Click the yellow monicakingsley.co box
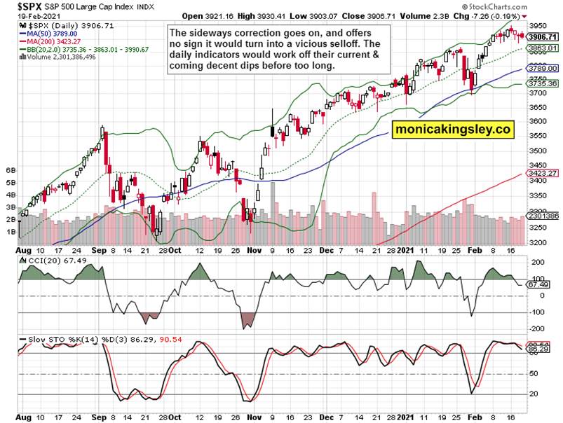tap(453, 129)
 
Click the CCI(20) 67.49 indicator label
tap(50, 261)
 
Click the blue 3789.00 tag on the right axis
tap(543, 69)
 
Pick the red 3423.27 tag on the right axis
tap(543, 172)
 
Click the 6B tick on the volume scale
tap(11, 170)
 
